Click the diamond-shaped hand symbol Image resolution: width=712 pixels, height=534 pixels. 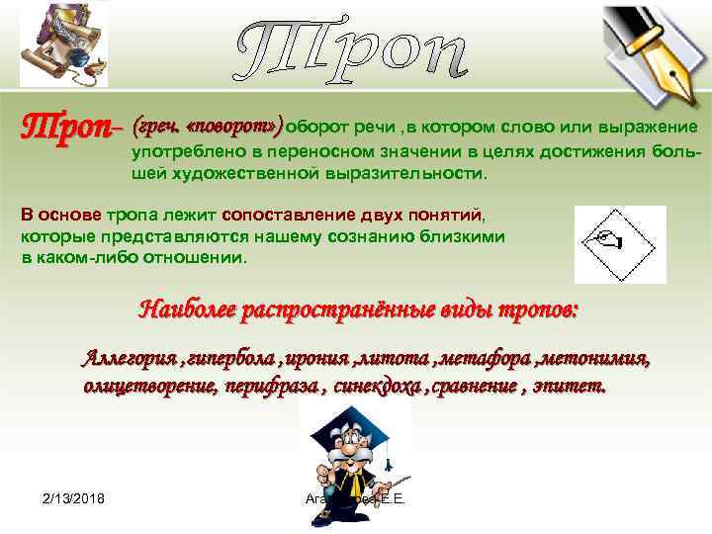(620, 243)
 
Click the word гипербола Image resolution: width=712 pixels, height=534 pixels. (226, 358)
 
